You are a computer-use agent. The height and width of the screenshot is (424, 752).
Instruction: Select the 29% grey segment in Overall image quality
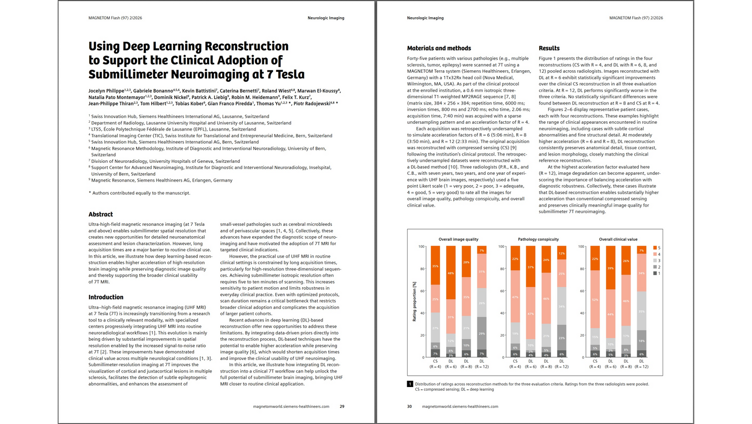481,333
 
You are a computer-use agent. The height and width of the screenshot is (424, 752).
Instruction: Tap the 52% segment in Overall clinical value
595,299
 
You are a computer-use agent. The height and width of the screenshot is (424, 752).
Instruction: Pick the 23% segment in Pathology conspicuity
561,337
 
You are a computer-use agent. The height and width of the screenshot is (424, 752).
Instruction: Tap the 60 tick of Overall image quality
423,290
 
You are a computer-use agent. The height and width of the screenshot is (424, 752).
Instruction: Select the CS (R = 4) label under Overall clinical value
595,364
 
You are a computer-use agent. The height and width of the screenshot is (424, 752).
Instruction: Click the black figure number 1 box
410,384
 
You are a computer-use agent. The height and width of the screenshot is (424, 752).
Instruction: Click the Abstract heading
100,214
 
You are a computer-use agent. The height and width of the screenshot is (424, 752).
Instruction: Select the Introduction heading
106,297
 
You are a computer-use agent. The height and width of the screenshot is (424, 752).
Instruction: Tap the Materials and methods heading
439,48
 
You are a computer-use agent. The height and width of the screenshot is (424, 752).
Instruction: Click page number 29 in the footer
342,406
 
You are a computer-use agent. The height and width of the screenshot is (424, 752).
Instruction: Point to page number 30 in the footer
409,406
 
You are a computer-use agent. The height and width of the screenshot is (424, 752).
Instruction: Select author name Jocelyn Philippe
106,91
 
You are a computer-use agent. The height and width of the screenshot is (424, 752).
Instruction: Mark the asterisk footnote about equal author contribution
139,193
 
